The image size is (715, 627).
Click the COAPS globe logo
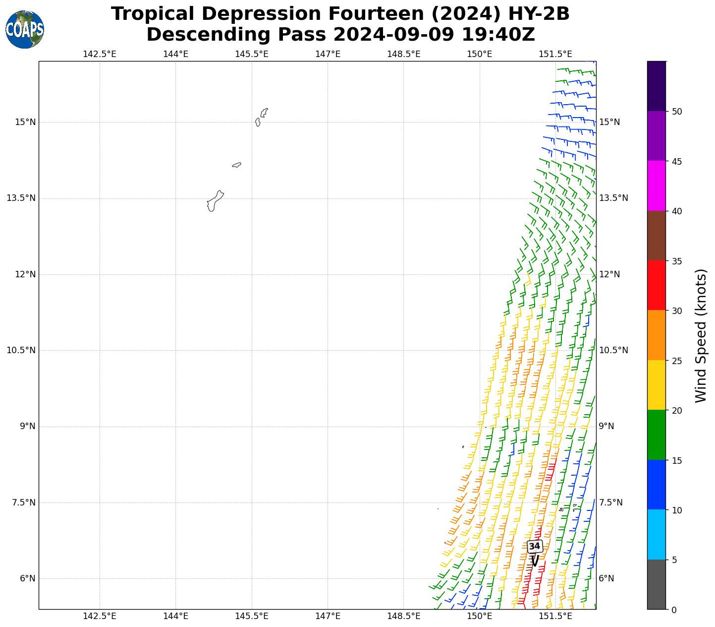[25, 30]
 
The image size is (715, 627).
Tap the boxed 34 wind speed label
[534, 546]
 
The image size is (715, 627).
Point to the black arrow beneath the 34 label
[534, 561]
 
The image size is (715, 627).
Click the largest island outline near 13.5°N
[214, 201]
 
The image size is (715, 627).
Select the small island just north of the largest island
[236, 165]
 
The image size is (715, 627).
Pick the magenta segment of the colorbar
[657, 186]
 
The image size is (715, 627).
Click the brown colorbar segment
[657, 236]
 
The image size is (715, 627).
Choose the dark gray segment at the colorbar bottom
[657, 584]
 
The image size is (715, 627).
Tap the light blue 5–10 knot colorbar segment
[657, 535]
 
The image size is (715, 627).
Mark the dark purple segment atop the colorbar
[657, 86]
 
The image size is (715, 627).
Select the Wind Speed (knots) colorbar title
[701, 336]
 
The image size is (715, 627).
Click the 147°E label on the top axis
[328, 54]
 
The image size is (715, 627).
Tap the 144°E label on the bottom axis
[175, 616]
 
